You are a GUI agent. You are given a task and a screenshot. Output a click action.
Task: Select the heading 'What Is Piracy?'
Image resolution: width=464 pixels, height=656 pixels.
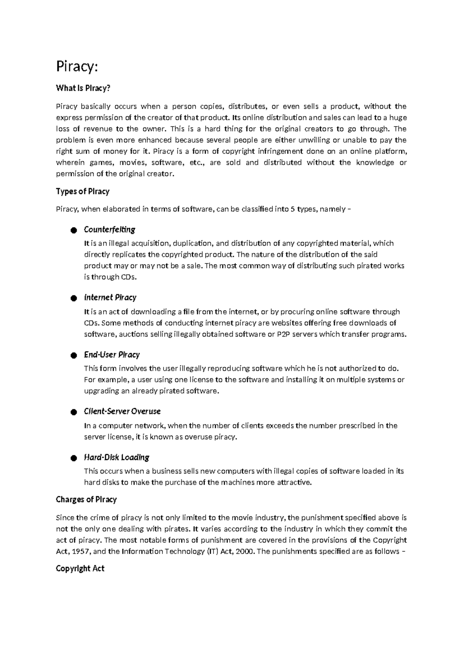click(83, 88)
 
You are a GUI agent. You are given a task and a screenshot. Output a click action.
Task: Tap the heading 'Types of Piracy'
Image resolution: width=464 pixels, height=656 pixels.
click(83, 191)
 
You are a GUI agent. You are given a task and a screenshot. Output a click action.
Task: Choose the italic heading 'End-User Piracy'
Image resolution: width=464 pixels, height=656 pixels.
click(112, 355)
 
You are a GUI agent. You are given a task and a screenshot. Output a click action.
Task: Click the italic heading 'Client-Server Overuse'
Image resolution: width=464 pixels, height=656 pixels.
click(122, 411)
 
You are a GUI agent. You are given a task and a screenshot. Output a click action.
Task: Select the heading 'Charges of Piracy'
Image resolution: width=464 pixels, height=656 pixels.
click(86, 499)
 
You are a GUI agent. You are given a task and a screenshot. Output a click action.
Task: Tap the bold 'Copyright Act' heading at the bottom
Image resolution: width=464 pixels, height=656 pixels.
click(80, 569)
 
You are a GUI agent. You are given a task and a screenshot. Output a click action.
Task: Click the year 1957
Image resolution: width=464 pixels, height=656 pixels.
click(81, 552)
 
